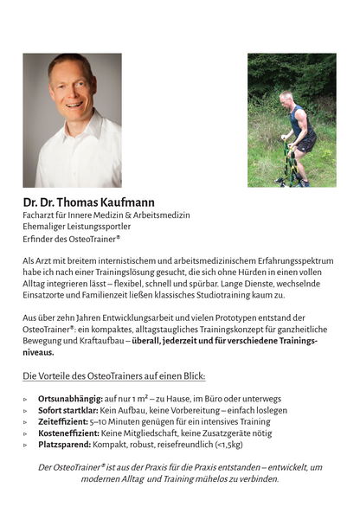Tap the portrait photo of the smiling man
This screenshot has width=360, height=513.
72,120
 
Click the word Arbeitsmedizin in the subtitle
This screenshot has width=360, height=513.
162,215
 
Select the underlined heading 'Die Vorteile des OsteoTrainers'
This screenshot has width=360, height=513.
114,376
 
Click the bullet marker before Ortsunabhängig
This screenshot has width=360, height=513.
26,398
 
